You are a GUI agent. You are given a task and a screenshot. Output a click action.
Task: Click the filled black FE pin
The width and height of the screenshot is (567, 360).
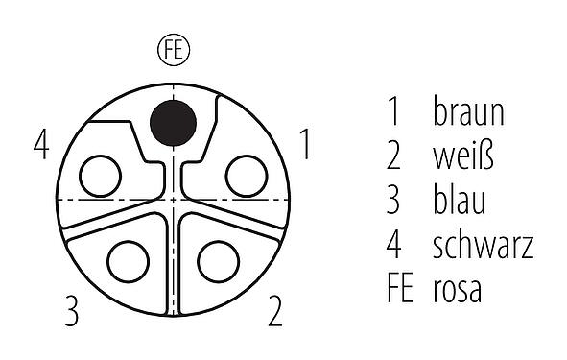pos(174,122)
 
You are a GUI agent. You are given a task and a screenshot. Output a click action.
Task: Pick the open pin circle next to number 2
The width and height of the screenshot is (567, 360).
pos(218,261)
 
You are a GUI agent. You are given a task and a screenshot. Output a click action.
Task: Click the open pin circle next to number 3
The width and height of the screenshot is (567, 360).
pos(127,261)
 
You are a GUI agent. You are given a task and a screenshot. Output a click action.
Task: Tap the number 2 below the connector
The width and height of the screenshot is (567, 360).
pos(275,311)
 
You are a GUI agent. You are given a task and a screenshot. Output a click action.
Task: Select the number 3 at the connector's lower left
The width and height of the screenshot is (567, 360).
pos(71,311)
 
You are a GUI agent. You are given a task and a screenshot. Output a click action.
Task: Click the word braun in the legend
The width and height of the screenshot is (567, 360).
pos(468,112)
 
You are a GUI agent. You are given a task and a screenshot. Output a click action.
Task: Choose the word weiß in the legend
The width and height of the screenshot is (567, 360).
pos(464,156)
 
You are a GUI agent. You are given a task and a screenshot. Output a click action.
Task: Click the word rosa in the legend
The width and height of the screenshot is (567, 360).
pos(458,289)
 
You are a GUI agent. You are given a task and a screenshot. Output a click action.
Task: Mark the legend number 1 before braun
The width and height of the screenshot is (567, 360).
pos(393,112)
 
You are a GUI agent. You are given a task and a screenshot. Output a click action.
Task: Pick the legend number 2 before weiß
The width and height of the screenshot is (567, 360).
pos(393,156)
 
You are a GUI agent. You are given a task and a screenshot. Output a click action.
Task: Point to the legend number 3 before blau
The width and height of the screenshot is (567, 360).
pos(393,201)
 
